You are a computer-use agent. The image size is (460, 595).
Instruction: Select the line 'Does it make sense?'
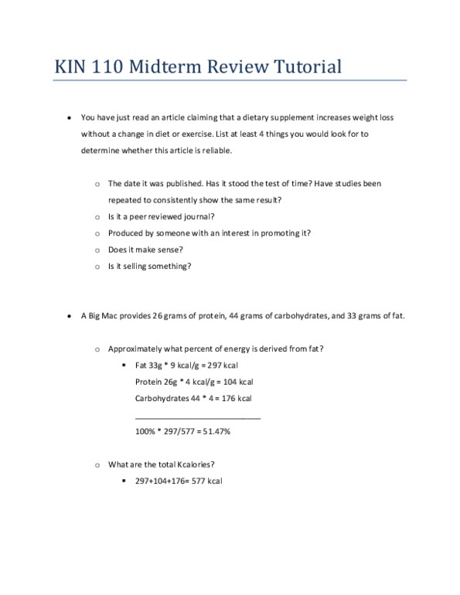(x=145, y=250)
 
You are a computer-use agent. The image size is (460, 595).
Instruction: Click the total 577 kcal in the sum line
(x=207, y=481)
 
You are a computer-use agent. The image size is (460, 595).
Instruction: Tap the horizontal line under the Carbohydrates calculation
(x=197, y=418)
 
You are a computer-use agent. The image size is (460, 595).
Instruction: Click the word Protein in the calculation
(x=149, y=382)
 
